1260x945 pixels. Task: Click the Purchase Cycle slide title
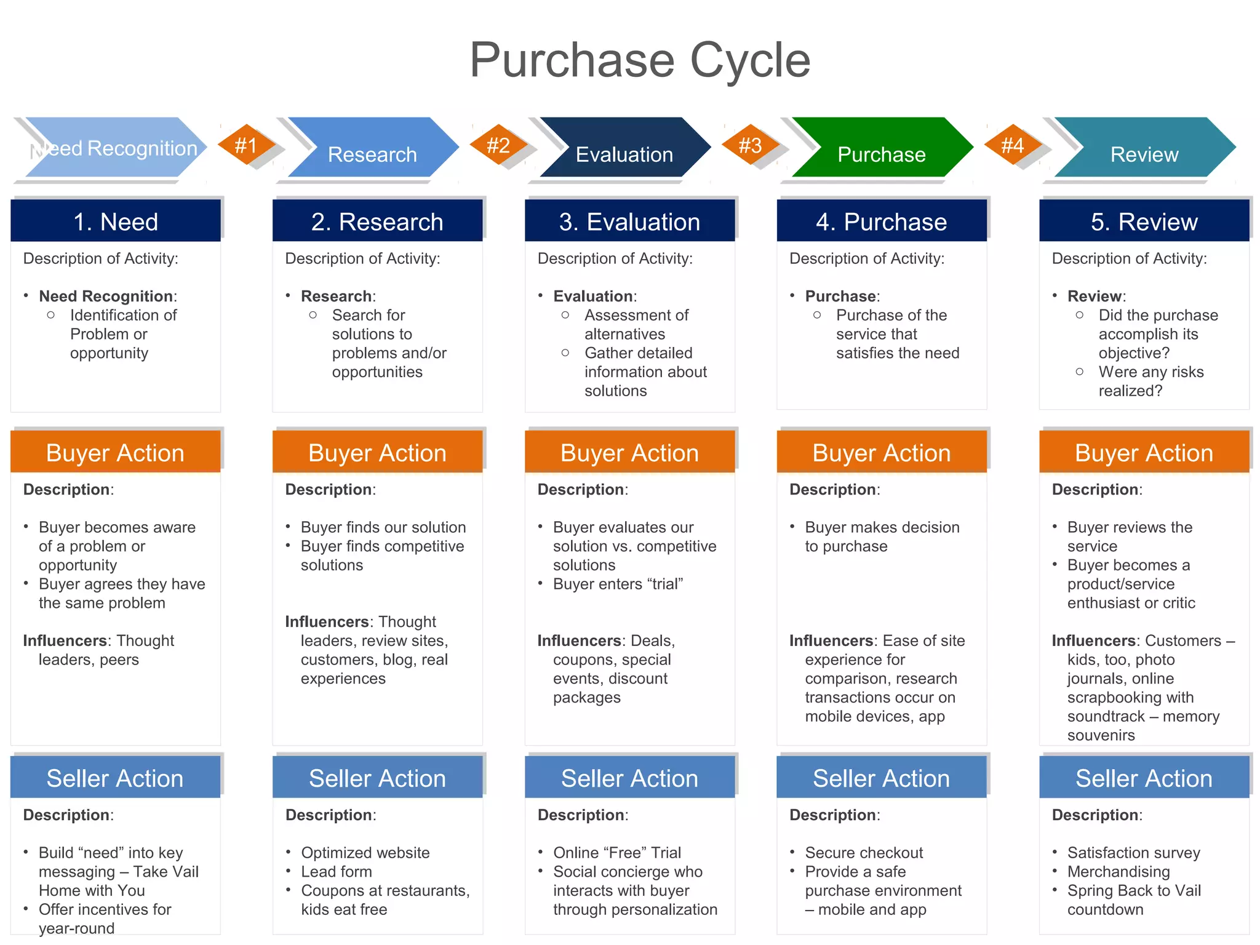(640, 60)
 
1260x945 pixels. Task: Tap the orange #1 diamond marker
(246, 145)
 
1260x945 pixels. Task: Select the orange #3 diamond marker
(750, 145)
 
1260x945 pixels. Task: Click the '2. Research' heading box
(377, 221)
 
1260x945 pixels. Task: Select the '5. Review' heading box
(1144, 221)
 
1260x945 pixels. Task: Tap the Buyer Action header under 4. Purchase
(881, 453)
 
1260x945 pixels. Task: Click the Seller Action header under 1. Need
(115, 778)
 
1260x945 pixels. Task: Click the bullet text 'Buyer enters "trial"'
(618, 584)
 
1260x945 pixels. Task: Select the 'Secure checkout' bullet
(864, 853)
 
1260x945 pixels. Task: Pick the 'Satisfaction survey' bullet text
(1133, 853)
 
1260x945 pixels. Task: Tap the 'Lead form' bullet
(337, 872)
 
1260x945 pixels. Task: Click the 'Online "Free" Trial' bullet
(616, 853)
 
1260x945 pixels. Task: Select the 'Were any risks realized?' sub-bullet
(1150, 381)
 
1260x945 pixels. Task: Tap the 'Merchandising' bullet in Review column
(1118, 872)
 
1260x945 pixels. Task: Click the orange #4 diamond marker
(1012, 145)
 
